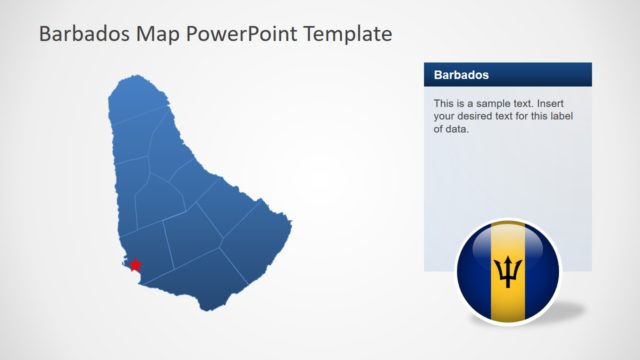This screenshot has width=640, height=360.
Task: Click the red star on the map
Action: (x=135, y=265)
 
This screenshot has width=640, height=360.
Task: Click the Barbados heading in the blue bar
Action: (x=461, y=75)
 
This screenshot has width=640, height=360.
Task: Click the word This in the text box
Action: (x=445, y=103)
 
